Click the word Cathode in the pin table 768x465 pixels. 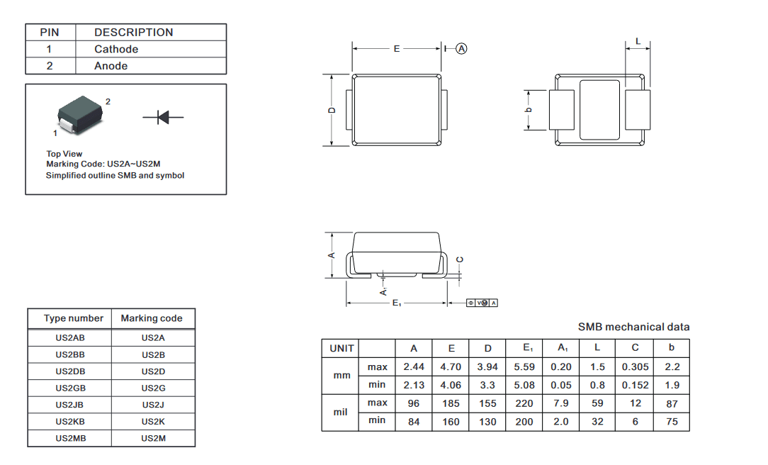point(116,49)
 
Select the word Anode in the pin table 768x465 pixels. point(111,66)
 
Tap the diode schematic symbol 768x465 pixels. point(163,117)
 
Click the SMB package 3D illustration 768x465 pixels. point(80,115)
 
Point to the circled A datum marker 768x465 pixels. point(461,48)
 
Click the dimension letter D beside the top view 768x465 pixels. point(332,111)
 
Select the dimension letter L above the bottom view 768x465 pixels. point(638,41)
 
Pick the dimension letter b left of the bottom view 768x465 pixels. point(528,110)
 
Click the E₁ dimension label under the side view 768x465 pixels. point(397,303)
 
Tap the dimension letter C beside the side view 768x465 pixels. point(459,259)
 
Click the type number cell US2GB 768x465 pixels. point(71,388)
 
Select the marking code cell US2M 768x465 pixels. point(153,438)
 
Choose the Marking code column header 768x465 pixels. point(152,318)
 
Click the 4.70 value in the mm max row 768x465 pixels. point(451,366)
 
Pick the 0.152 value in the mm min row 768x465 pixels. point(636,385)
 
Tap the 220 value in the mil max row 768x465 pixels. point(524,403)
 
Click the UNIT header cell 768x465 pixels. point(341,348)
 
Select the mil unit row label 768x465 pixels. point(340,412)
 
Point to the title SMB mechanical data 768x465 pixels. point(634,327)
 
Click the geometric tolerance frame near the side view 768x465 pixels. point(482,303)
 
